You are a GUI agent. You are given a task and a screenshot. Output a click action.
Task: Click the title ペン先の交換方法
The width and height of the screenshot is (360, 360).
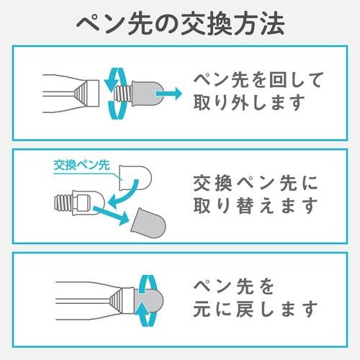point(180,23)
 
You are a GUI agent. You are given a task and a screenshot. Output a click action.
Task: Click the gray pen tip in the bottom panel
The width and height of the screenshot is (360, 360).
point(153,297)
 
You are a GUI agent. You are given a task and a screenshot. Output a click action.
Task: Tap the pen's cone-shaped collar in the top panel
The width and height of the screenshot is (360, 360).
point(87,91)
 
